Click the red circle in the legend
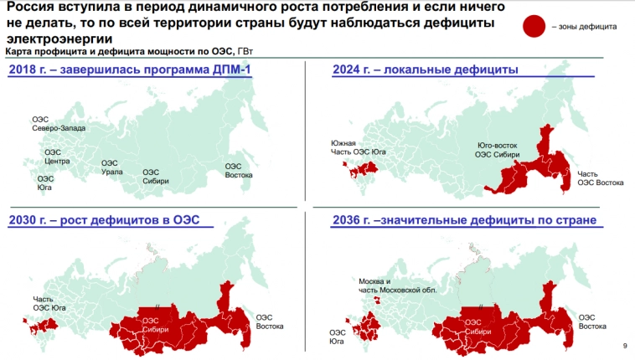[534, 27]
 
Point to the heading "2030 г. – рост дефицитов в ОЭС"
[110, 220]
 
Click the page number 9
[624, 347]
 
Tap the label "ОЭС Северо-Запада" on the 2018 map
[53, 124]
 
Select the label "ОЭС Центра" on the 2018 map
[57, 157]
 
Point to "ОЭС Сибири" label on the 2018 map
[156, 177]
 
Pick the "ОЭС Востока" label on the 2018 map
[239, 170]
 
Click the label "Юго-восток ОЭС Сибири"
[497, 150]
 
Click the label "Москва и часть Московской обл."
[386, 285]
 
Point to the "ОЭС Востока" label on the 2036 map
[586, 321]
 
